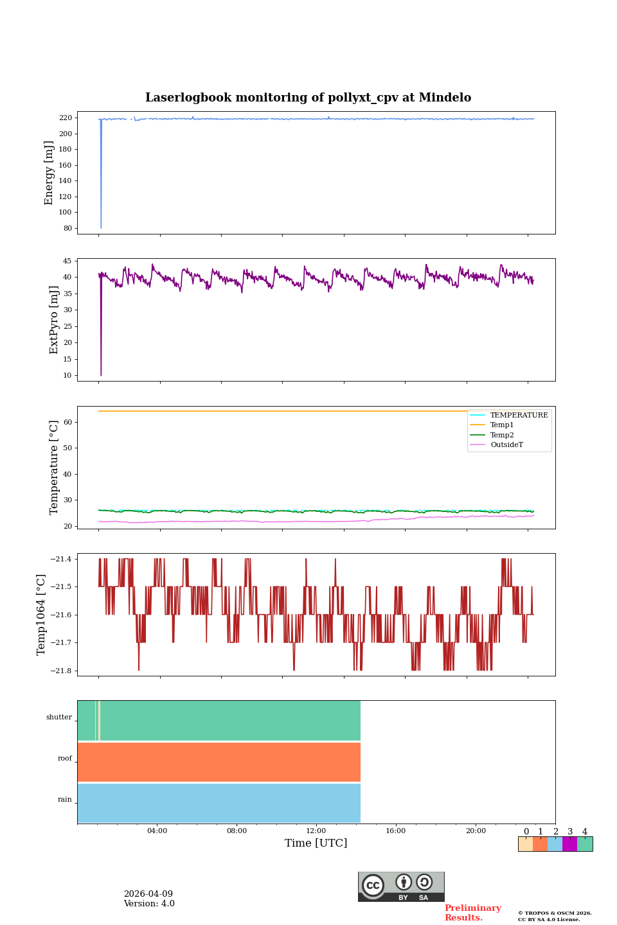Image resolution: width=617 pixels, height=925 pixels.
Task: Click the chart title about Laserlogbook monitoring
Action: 308,98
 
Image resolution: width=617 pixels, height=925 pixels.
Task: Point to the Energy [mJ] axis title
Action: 49,173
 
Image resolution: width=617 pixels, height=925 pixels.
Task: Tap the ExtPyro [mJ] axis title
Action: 54,320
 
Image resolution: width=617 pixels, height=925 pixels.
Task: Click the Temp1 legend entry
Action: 502,425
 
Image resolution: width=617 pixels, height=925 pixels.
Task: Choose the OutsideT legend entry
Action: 506,445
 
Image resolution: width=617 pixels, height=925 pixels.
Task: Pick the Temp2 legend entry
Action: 502,435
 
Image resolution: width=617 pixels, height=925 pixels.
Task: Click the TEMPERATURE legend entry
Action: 519,415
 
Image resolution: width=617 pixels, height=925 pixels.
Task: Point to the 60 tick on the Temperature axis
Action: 68,422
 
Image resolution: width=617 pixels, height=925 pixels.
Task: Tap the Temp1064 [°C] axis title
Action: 42,614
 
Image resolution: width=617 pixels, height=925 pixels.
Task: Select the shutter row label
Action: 59,717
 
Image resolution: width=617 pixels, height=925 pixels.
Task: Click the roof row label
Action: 65,758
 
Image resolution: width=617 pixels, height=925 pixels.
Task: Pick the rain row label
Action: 65,799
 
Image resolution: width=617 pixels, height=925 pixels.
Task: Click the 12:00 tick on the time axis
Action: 316,831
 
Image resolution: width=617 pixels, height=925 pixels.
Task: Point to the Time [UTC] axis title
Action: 316,843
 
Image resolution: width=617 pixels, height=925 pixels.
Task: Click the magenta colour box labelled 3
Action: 569,844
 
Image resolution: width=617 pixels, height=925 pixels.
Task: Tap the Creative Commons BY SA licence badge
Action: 401,886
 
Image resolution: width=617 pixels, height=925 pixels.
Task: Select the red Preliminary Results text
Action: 472,913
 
